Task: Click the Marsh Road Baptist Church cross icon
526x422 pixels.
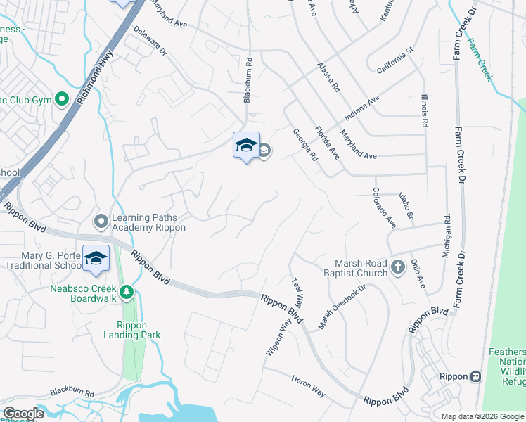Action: tap(398, 267)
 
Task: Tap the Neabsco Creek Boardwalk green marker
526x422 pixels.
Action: tap(127, 291)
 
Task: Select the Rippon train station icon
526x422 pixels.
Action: tap(476, 376)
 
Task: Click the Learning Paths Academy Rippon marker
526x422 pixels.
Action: tap(101, 222)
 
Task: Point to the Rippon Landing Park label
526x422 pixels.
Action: tap(139, 330)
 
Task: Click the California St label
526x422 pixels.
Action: tap(397, 61)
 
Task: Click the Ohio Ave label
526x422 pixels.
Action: tap(418, 273)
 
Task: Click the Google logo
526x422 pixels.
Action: tap(23, 414)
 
